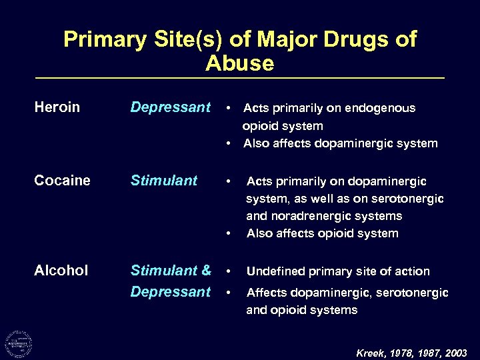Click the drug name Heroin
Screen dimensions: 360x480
tap(57, 107)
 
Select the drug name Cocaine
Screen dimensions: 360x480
tap(63, 181)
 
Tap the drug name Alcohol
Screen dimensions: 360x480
tap(61, 270)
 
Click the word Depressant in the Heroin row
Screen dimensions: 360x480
tap(170, 107)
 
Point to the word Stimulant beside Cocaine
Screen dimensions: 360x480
tap(164, 181)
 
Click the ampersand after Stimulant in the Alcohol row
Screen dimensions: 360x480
tap(205, 270)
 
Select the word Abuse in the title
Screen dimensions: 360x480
tap(240, 63)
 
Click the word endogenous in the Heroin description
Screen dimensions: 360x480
tap(383, 108)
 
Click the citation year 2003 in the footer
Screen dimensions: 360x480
tap(455, 353)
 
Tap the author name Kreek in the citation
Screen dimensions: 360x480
tap(370, 353)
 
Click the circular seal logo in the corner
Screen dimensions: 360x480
tap(18, 343)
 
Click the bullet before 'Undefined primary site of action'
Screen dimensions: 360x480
tap(229, 271)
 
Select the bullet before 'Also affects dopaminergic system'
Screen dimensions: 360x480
tap(229, 143)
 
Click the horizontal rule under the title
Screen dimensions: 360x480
tap(240, 79)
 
